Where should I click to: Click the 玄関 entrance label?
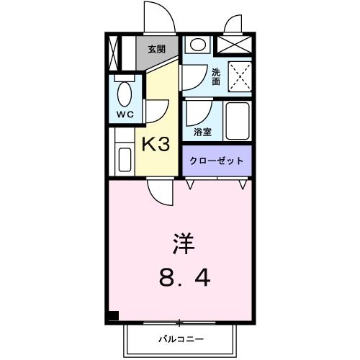(x=156, y=49)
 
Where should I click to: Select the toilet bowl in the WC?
(x=124, y=93)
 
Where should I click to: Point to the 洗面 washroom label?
(x=216, y=76)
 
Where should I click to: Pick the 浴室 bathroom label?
(x=203, y=132)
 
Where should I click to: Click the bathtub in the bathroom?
(x=238, y=122)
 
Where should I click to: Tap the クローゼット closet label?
(x=217, y=161)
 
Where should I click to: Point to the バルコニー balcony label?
(x=181, y=338)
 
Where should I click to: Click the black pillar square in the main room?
(x=113, y=315)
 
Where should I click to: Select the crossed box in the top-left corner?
(x=116, y=53)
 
